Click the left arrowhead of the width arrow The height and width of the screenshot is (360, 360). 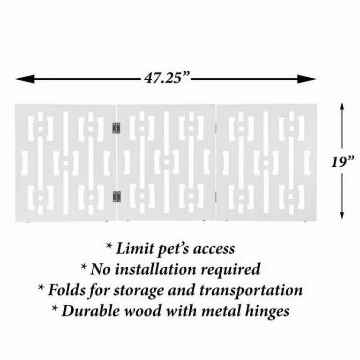point(25,79)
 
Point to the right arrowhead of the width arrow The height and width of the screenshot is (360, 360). point(307,79)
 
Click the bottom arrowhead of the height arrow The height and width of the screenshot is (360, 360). point(342,214)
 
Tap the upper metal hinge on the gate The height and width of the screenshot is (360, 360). point(116,128)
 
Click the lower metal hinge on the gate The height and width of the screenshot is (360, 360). point(117,196)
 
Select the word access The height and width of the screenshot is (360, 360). point(214,249)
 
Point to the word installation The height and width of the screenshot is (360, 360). point(156,269)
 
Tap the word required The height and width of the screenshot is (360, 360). point(230,270)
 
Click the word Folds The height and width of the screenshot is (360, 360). point(67,290)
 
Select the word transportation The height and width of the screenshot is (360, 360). point(251,291)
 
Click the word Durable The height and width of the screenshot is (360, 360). point(90,311)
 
